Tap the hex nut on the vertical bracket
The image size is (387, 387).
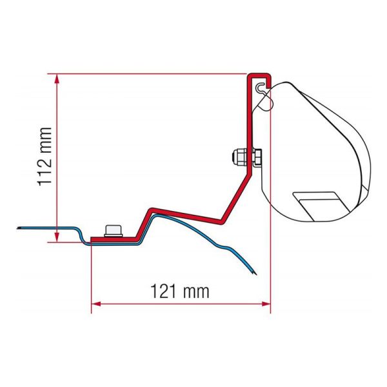(x=253, y=157)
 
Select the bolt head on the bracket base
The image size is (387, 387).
(x=114, y=231)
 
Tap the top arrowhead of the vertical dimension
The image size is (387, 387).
(x=59, y=77)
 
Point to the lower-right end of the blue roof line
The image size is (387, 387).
(x=253, y=274)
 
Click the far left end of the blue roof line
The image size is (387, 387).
(x=21, y=227)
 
